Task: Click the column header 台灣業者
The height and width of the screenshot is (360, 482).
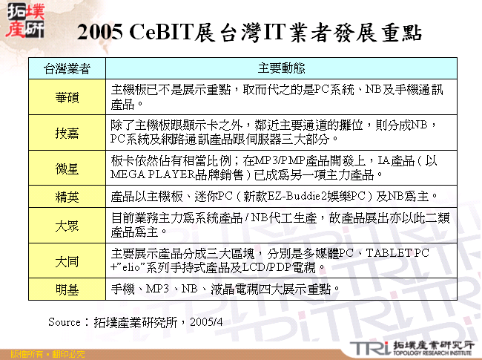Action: [x=67, y=68]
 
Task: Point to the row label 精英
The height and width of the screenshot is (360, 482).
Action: [x=67, y=197]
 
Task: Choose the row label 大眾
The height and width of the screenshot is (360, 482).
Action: [x=67, y=226]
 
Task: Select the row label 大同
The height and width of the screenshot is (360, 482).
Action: [x=67, y=261]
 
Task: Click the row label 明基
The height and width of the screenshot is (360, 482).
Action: [x=67, y=289]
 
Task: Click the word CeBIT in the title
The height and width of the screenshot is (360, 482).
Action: [x=159, y=33]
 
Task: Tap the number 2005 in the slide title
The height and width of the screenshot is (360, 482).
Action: [x=99, y=33]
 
